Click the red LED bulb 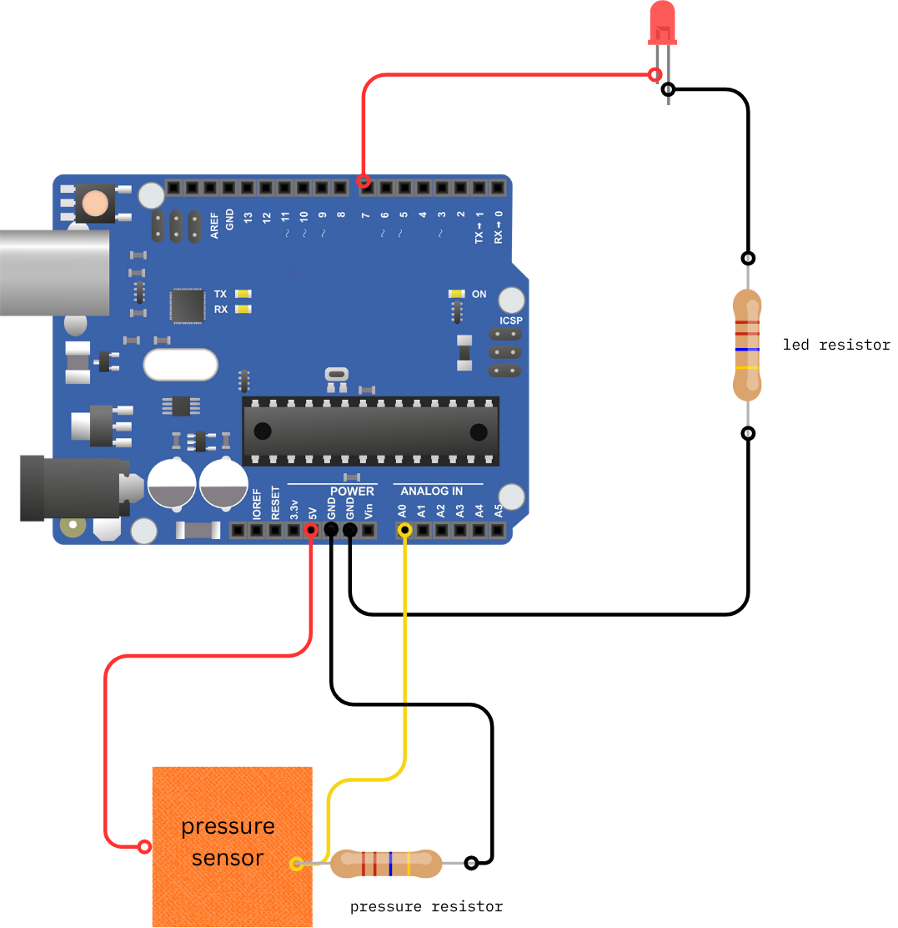[661, 22]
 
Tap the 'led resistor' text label [836, 345]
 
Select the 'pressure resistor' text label [426, 906]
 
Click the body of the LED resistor [747, 345]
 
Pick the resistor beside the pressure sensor [386, 864]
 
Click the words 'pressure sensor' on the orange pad [228, 842]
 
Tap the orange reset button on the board [96, 203]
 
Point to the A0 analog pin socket [404, 530]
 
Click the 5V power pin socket [311, 530]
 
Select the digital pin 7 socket [364, 187]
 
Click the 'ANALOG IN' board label [431, 491]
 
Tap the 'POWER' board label [352, 491]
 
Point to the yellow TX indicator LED [243, 294]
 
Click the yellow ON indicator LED [456, 294]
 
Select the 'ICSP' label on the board [510, 320]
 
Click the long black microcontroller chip [370, 431]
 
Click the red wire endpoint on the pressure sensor [144, 847]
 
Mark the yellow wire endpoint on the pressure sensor [296, 864]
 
